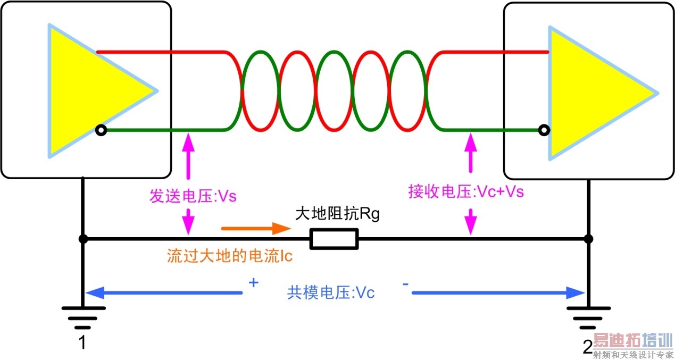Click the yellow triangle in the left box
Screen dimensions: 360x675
90,90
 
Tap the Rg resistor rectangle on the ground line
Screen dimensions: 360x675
334,239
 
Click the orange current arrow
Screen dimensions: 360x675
255,229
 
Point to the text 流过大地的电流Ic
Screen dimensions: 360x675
230,257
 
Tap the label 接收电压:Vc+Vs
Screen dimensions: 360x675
466,191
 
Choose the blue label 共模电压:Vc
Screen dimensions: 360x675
331,292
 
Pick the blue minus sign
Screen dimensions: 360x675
405,284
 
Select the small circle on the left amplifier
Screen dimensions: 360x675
101,130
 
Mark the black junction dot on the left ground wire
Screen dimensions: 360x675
83,239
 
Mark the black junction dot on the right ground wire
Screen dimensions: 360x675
588,239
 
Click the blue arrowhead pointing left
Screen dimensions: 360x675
95,292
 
